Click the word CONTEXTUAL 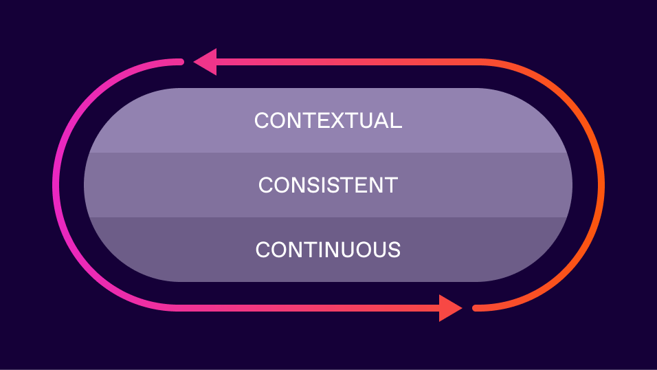[328, 120]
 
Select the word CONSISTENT [328, 185]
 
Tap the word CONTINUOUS [328, 249]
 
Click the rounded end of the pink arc [180, 62]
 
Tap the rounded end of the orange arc [476, 307]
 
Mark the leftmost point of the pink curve [55, 184]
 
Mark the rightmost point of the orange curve [601, 184]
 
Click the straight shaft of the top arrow [344, 62]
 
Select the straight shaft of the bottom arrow [309, 307]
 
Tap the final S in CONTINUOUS [394, 249]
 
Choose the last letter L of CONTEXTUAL [397, 120]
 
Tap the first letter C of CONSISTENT [266, 185]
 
